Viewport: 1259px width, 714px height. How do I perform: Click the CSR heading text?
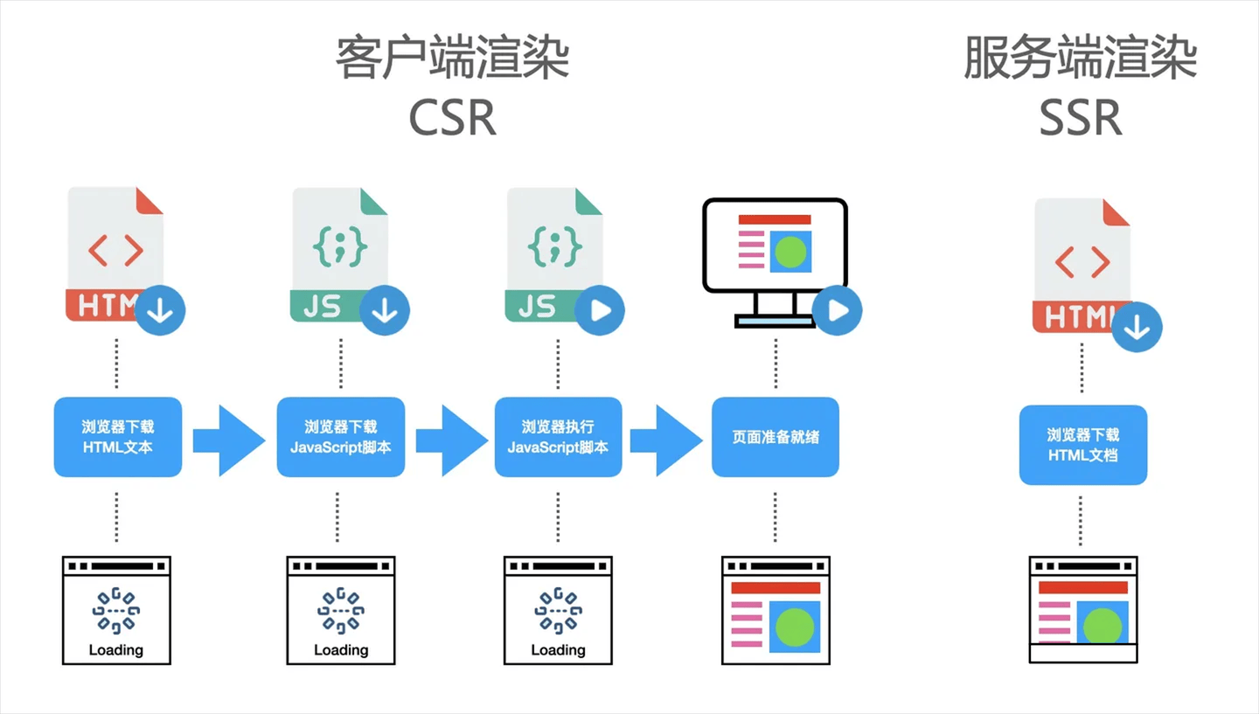[452, 117]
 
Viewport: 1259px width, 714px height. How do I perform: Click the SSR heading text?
[1080, 117]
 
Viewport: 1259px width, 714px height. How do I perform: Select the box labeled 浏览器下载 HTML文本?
[118, 437]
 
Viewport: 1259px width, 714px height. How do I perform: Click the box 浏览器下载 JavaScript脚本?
[341, 437]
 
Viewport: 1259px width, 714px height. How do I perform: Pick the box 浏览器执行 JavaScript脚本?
[558, 437]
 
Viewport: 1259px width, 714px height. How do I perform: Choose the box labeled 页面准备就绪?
[776, 437]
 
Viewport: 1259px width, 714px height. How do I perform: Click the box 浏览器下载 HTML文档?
[1082, 445]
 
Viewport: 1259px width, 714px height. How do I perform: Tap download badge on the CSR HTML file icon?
[160, 310]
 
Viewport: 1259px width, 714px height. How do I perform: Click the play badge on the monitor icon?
[837, 310]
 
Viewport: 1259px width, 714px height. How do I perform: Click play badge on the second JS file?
[600, 310]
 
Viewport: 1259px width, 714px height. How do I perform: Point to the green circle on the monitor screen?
[790, 252]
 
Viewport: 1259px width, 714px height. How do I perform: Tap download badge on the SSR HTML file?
[1137, 327]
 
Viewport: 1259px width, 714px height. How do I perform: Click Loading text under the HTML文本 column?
[116, 649]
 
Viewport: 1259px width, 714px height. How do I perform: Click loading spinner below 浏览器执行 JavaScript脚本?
[558, 610]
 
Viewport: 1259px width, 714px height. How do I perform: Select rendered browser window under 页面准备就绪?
[776, 609]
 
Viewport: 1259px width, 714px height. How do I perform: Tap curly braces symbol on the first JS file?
[339, 247]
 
